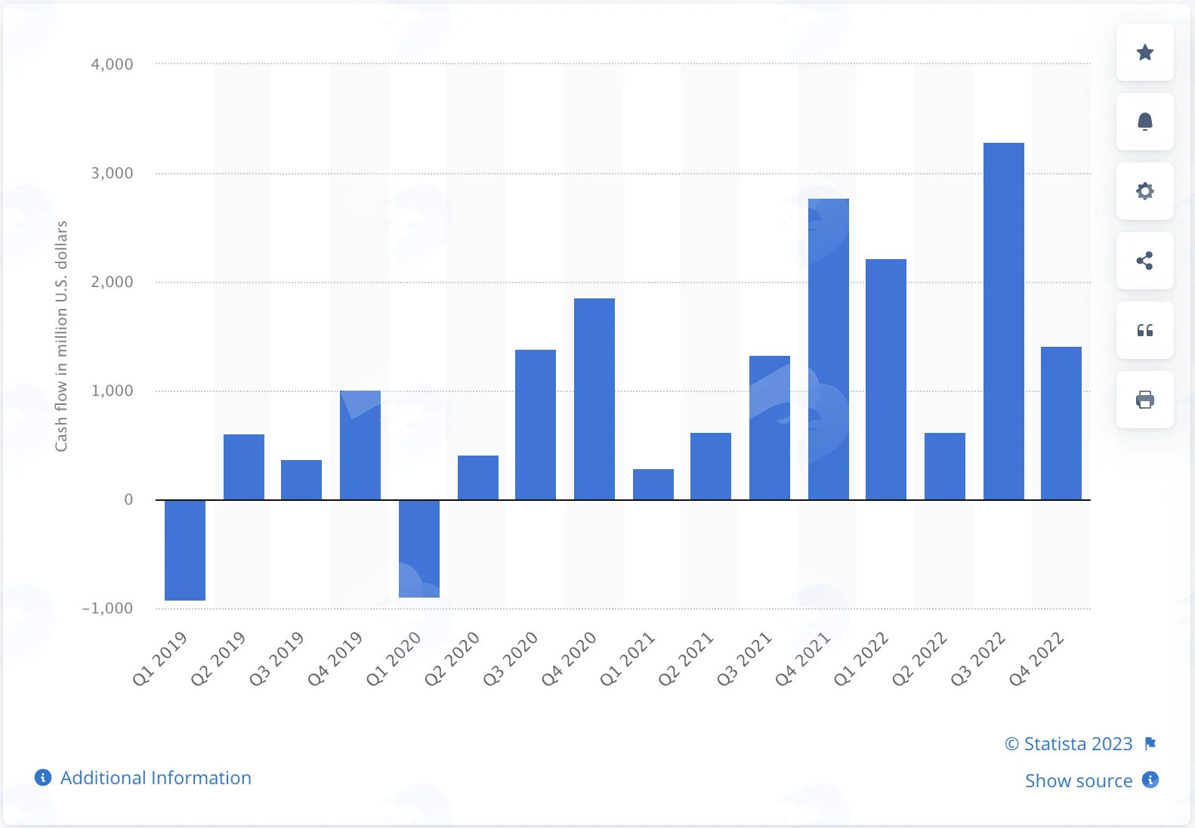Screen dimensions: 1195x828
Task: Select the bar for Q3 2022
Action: pos(1003,321)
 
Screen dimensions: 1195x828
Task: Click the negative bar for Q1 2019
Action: pos(185,550)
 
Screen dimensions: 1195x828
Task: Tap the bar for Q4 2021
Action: pos(829,350)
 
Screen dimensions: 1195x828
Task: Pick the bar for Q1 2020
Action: pos(419,548)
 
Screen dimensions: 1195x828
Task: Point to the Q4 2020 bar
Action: pos(594,399)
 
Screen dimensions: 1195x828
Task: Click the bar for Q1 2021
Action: pos(653,484)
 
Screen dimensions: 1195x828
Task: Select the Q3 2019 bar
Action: pos(301,480)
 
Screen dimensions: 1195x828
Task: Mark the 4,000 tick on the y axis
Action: pos(112,64)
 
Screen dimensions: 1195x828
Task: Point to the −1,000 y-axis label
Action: pos(107,608)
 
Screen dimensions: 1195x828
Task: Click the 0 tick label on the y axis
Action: pos(128,499)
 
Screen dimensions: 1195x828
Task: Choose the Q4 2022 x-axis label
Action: pos(1036,658)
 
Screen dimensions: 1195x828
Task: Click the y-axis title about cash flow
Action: pos(61,336)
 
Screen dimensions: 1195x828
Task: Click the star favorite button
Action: pos(1145,52)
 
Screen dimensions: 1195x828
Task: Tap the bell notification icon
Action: pos(1145,122)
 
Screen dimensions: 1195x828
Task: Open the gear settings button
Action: pos(1145,191)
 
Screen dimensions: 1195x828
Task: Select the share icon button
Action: pos(1145,261)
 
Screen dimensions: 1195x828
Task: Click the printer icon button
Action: pos(1145,400)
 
